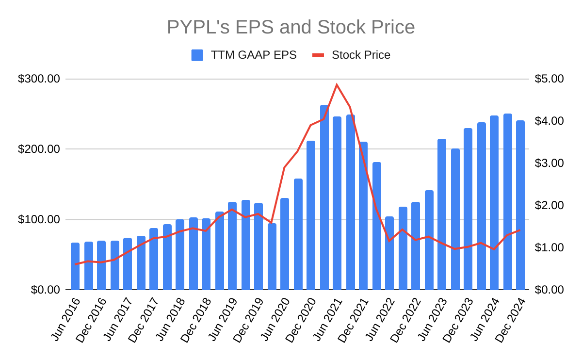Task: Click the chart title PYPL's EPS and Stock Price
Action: (291, 27)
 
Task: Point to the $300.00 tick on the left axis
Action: (39, 79)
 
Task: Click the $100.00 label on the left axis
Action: (39, 220)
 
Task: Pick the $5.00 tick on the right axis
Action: (550, 79)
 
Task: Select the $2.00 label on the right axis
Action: (550, 205)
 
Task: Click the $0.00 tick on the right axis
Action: (550, 290)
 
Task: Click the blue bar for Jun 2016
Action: (75, 266)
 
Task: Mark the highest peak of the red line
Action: (337, 84)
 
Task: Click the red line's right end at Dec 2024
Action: (520, 230)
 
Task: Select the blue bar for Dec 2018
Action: (206, 254)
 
